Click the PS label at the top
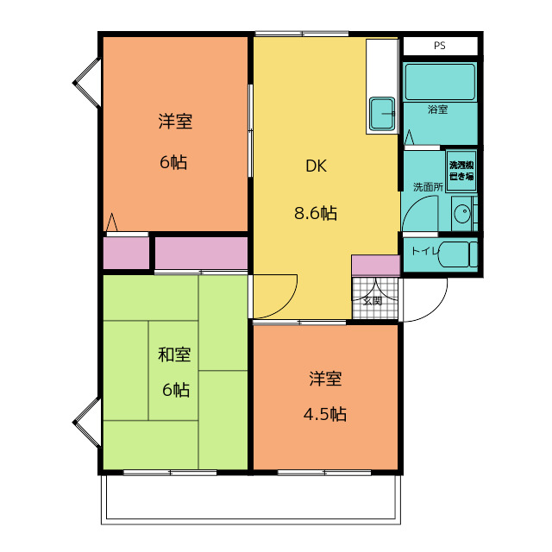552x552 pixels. click(440, 46)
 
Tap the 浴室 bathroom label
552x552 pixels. click(438, 110)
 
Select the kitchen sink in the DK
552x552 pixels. click(382, 111)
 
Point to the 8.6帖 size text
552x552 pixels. click(316, 214)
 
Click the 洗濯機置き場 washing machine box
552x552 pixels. click(461, 170)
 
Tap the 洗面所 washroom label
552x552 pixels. click(427, 186)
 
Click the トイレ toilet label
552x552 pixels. click(422, 251)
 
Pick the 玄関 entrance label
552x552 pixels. click(372, 301)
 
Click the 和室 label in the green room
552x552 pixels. click(174, 354)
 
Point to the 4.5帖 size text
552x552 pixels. click(325, 414)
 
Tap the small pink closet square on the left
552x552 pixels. click(125, 253)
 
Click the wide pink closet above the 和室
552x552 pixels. click(201, 253)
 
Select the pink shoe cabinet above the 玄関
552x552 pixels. click(375, 265)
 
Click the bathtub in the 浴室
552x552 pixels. click(440, 82)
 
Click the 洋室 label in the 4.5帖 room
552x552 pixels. click(325, 379)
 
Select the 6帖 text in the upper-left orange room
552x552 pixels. click(174, 162)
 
